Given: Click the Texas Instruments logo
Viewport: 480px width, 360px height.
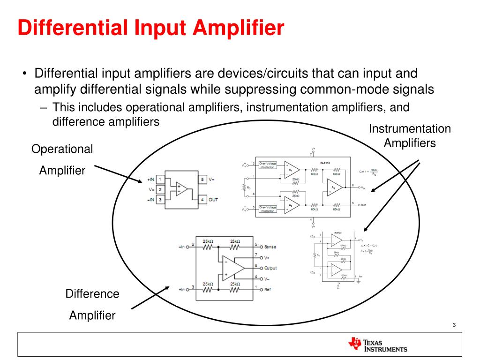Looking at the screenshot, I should (377, 345).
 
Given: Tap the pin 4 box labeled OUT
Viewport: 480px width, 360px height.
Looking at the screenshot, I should (202, 200).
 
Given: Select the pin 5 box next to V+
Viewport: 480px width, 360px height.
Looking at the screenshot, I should (202, 180).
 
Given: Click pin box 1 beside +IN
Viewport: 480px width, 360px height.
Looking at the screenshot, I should (160, 180).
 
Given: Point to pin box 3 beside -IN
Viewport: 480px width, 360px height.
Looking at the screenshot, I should (160, 200).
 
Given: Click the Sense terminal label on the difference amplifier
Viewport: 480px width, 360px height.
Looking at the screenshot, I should (270, 247).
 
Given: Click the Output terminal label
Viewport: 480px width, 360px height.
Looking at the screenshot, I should (270, 268).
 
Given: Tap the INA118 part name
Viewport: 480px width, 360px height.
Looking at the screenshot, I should (325, 163).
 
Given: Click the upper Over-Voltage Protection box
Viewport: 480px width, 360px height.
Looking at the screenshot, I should (268, 165).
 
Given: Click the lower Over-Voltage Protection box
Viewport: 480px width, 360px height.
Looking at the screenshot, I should (268, 209).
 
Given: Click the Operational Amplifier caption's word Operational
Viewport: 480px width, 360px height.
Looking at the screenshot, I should (62, 149).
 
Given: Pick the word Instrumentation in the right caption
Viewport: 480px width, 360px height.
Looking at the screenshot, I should (410, 129).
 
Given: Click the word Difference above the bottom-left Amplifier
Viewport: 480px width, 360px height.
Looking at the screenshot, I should (92, 294).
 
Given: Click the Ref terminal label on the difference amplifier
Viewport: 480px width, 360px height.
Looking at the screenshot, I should (267, 289).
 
